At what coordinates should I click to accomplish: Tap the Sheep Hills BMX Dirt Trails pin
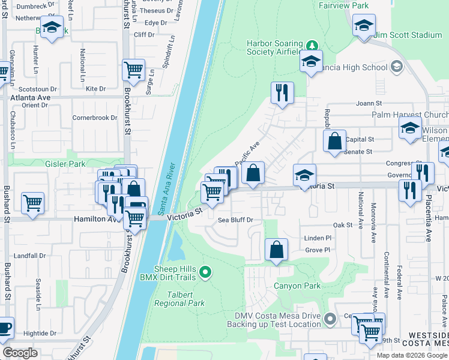pos(206,273)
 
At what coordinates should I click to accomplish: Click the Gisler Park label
pos(65,163)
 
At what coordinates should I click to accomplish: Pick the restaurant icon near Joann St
pos(282,93)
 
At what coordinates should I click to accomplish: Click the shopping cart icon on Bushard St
pos(32,203)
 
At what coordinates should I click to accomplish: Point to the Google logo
pos(20,353)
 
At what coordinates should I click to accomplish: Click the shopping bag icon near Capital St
pos(335,141)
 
